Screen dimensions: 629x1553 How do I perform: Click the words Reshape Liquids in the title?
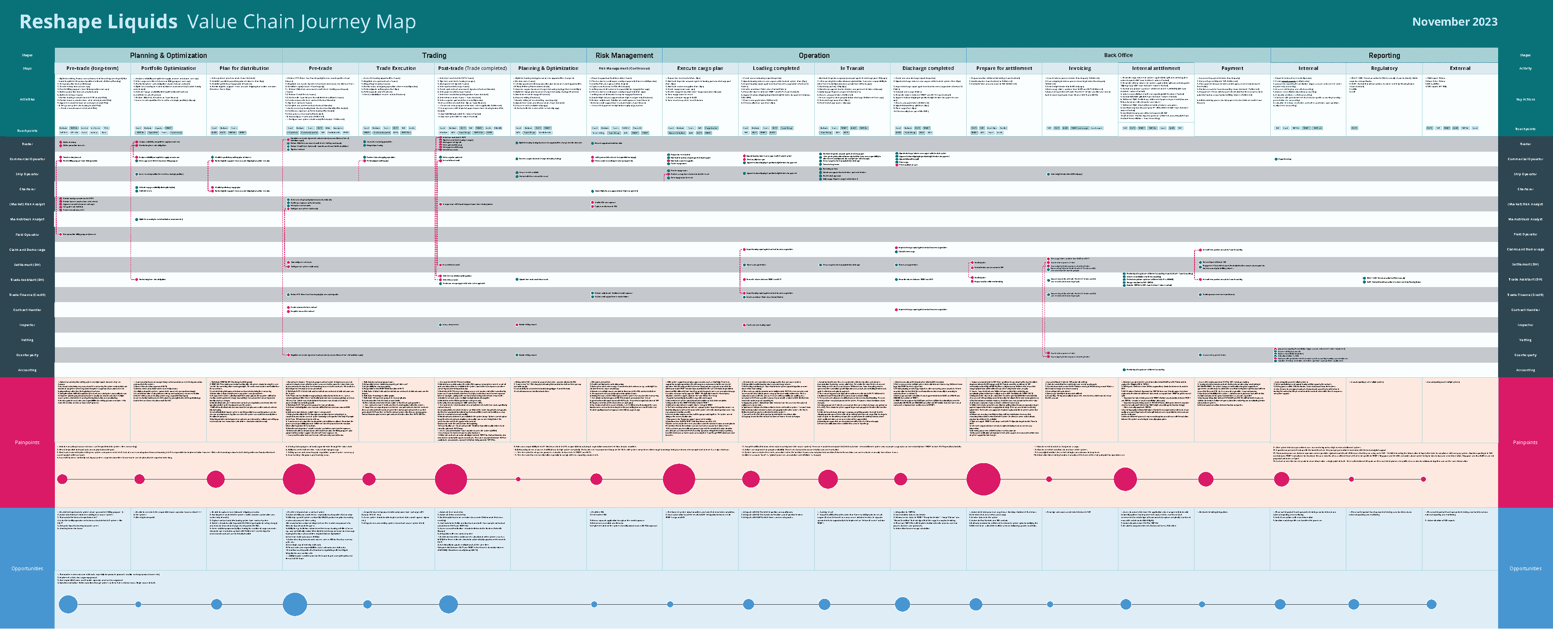point(98,22)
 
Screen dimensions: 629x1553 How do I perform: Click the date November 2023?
point(1454,22)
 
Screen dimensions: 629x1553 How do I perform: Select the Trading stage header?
point(434,55)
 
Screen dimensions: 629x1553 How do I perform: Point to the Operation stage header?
point(814,55)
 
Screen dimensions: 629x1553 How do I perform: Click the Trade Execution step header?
point(396,68)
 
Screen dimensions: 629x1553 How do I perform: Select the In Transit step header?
point(852,68)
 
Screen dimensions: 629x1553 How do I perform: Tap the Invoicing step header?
point(1080,68)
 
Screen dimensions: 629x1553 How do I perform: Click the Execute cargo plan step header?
point(700,68)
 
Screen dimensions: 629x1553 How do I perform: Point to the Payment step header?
point(1232,68)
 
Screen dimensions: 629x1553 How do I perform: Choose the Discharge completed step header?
point(928,68)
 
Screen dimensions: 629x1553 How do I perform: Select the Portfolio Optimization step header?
point(168,68)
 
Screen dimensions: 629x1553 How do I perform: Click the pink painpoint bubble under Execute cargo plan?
point(679,479)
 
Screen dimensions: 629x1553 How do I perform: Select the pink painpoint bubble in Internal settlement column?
point(1125,479)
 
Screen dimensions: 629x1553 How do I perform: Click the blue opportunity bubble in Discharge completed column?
point(902,604)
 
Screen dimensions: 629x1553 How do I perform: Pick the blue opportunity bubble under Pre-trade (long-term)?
point(68,604)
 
